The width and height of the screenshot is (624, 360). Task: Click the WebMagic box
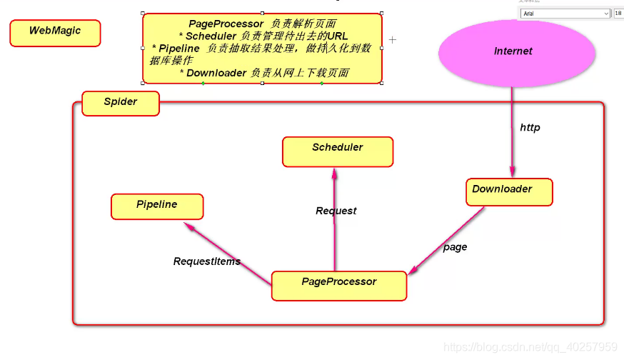pos(55,33)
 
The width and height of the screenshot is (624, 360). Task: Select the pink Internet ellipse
pos(513,51)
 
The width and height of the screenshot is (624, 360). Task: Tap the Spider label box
pos(121,103)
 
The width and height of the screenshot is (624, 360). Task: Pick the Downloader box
pos(509,191)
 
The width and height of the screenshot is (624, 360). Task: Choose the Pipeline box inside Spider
pos(157,206)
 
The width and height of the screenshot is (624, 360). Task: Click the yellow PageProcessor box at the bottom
pos(339,284)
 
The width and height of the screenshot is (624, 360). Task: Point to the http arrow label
pos(530,128)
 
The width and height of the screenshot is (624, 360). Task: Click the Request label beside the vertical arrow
pos(336,211)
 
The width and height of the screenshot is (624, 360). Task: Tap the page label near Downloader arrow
pos(455,247)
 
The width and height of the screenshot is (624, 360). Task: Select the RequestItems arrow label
pos(207,261)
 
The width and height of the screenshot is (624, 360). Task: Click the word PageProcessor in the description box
pos(226,24)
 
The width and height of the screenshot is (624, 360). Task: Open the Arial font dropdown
pos(564,13)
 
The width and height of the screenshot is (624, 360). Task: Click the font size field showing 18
pos(618,13)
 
